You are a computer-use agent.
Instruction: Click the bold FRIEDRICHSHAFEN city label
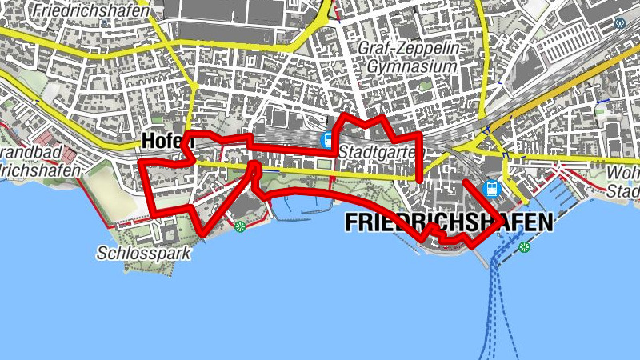[449, 222]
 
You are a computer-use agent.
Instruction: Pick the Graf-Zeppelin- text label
[410, 49]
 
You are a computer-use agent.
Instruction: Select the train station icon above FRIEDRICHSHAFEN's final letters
[492, 190]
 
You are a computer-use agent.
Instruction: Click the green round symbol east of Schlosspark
[240, 227]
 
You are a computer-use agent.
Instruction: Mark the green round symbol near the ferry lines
[524, 247]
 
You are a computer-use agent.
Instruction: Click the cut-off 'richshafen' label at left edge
[40, 170]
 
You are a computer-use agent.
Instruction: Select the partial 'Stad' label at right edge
[624, 192]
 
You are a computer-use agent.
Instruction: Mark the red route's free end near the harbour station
[464, 182]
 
